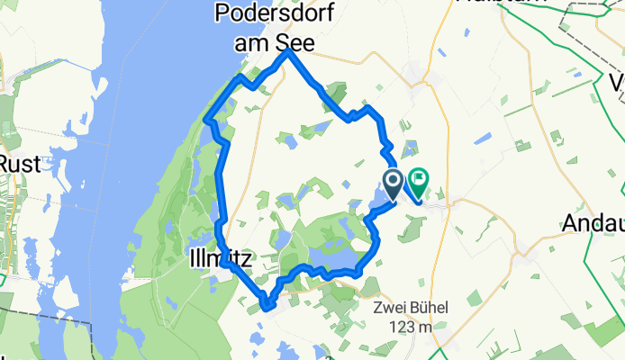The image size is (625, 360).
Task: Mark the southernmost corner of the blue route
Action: point(267,307)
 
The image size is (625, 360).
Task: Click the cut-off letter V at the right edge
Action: point(618,84)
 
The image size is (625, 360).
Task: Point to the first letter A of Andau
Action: point(571,222)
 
